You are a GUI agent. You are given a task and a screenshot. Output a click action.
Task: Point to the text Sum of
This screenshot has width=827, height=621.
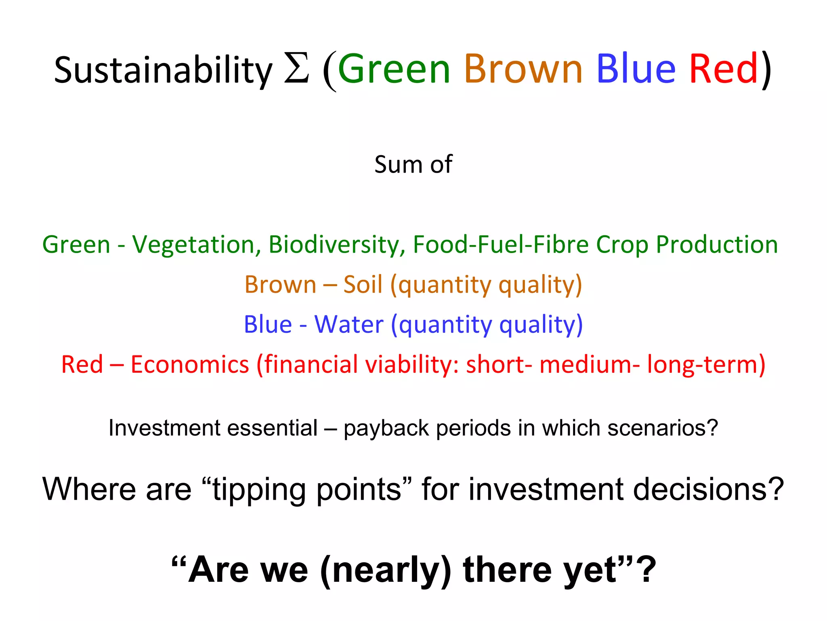coord(413,165)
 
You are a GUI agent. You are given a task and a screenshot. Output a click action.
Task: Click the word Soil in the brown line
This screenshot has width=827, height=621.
coord(363,284)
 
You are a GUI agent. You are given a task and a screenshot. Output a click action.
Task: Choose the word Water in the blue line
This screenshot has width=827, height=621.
coord(349,324)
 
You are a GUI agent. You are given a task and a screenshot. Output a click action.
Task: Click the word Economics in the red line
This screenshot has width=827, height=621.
coord(190,364)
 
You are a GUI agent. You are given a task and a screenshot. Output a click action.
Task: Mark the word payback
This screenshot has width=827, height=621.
coord(386,428)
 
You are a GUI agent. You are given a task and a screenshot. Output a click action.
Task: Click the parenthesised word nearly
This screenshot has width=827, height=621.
coord(385,570)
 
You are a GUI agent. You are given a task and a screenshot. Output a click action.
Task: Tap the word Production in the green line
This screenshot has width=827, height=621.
coord(716,244)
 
